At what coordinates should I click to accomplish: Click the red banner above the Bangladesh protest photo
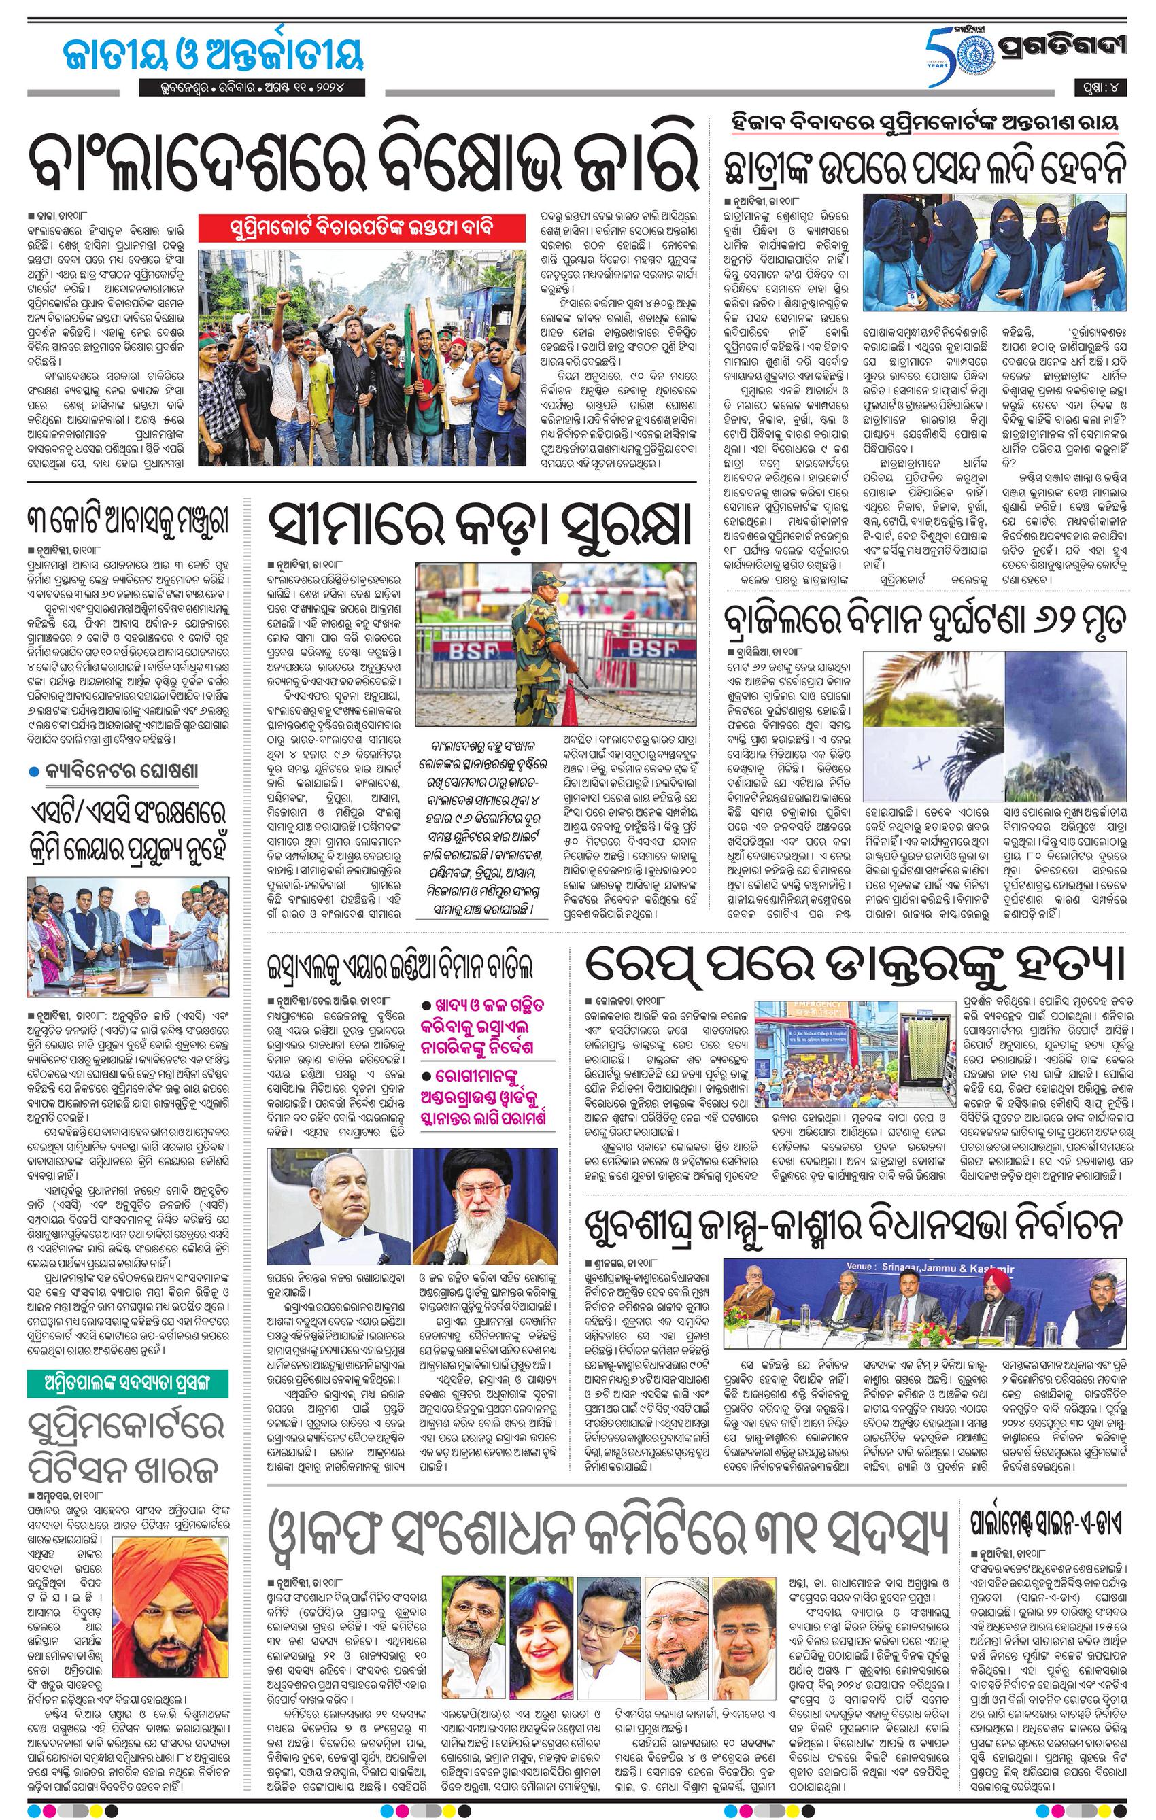click(x=360, y=227)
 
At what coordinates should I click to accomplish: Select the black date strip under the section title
click(x=252, y=88)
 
